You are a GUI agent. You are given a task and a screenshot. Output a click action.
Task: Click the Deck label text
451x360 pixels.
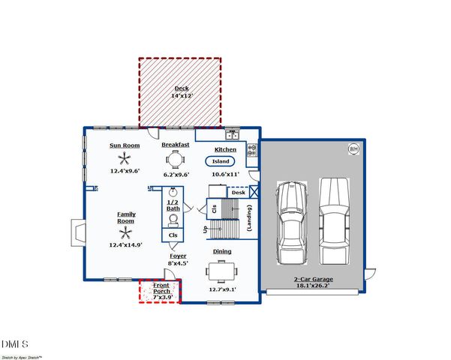tap(181, 88)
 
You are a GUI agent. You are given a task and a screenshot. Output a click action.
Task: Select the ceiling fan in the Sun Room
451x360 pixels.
tap(125, 158)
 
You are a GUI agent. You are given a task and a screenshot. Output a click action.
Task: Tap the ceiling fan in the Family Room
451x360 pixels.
tap(125, 232)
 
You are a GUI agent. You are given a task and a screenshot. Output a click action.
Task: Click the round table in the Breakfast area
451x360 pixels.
tap(176, 158)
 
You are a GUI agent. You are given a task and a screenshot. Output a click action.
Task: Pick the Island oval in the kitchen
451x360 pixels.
tap(221, 160)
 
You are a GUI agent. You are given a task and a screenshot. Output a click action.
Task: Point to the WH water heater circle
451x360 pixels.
tap(353, 149)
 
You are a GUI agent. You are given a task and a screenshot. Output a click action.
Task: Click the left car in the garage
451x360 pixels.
tap(291, 223)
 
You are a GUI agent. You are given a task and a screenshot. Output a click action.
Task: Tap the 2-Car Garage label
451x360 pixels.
tap(313, 279)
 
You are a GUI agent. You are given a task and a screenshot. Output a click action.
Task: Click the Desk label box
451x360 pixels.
tap(238, 193)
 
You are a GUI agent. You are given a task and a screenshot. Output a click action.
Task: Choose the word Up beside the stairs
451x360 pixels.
tap(204, 229)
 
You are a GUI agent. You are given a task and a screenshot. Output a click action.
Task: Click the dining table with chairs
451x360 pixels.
tap(221, 269)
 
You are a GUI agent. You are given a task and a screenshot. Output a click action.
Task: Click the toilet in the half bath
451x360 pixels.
tap(174, 219)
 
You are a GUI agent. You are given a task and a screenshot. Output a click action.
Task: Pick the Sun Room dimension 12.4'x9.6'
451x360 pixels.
tap(125, 171)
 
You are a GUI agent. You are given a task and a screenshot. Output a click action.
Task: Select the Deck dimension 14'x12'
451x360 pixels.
tap(181, 96)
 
